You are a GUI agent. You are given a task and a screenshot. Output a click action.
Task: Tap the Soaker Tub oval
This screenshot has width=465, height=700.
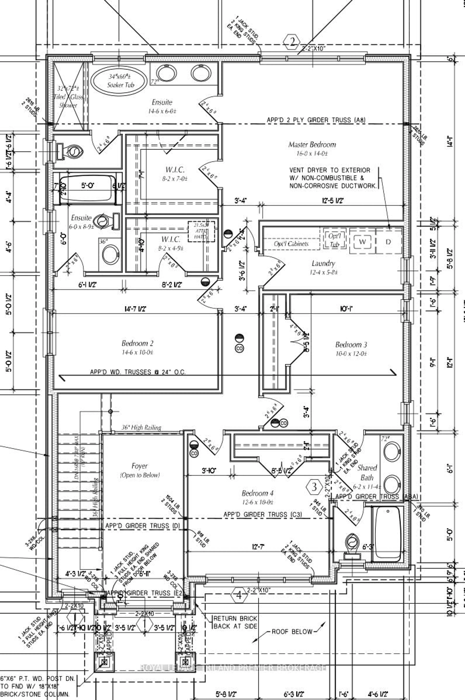click(x=119, y=81)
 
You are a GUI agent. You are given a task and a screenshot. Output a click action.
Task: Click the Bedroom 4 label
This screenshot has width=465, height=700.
click(x=257, y=493)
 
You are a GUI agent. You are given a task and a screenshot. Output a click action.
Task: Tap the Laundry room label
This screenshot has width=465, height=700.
click(x=323, y=263)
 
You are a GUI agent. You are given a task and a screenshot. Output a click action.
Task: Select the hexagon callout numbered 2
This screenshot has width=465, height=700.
click(x=292, y=42)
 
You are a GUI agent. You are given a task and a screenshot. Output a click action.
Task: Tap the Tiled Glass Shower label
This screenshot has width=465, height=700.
click(x=68, y=97)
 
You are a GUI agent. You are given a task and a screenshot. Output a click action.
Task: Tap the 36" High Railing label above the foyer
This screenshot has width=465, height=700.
click(x=141, y=427)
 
